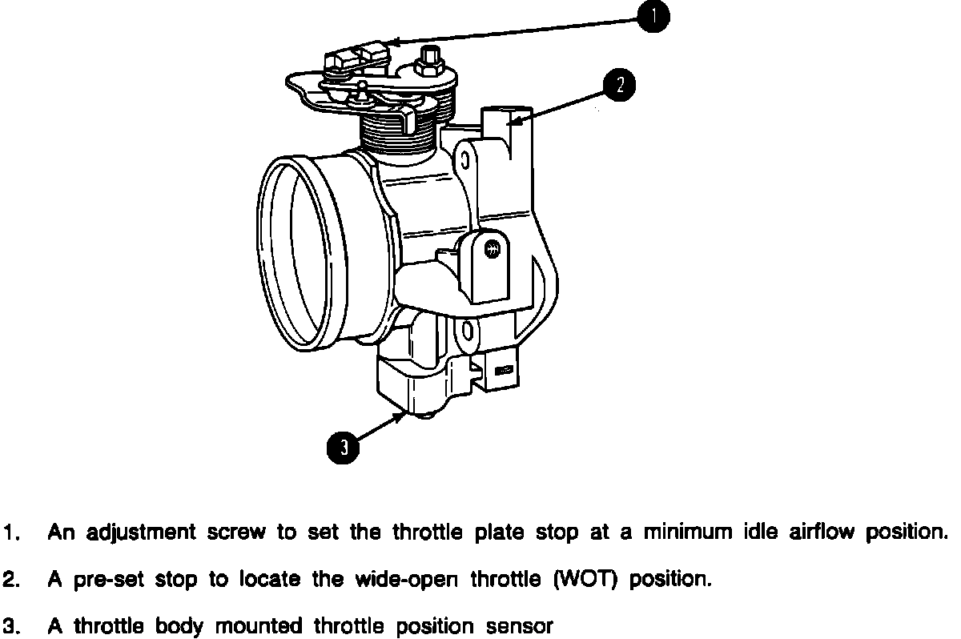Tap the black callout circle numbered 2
(x=620, y=84)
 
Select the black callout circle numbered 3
(x=343, y=446)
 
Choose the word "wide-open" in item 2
(x=408, y=580)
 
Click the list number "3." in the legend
(x=11, y=626)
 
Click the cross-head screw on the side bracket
(x=494, y=249)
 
